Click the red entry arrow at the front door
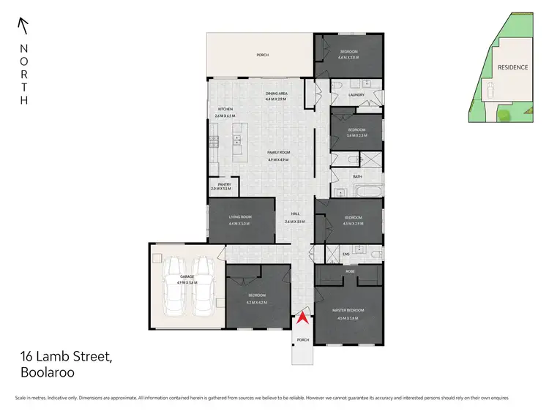[302, 319]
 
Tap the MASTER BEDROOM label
[350, 310]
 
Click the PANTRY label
[220, 185]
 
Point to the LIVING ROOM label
[240, 216]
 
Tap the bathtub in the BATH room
[366, 193]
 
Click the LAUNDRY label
[356, 95]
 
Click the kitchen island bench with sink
[237, 143]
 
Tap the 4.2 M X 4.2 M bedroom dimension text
[256, 302]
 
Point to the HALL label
[295, 214]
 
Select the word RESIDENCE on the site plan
[512, 67]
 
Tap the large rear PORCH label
[261, 55]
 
